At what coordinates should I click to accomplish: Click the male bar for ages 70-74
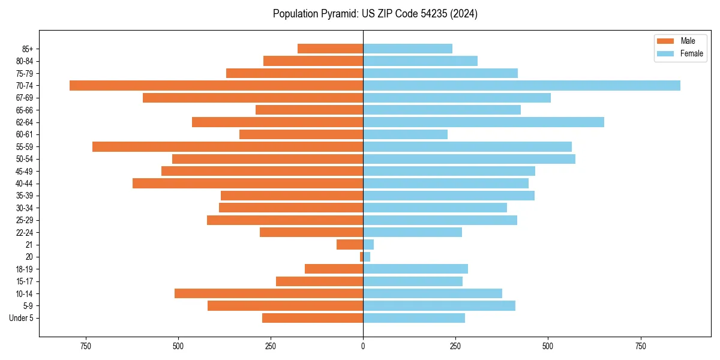click(216, 85)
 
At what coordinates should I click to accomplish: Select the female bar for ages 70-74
click(521, 85)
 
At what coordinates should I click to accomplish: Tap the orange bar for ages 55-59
click(227, 146)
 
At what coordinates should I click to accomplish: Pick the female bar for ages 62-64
click(484, 122)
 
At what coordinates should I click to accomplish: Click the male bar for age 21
click(350, 244)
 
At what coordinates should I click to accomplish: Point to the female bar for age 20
click(367, 257)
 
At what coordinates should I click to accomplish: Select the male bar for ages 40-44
click(248, 183)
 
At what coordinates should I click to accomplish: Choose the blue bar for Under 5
click(414, 318)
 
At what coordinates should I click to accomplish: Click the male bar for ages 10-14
click(269, 293)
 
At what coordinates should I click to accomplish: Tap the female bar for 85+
click(407, 49)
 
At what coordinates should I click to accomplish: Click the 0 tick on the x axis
click(363, 346)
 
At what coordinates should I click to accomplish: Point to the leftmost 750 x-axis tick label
click(86, 346)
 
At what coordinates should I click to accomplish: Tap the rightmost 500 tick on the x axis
click(548, 346)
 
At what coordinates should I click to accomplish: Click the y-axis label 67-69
click(24, 98)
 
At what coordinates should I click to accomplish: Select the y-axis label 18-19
click(24, 269)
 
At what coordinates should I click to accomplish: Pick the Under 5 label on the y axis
click(21, 318)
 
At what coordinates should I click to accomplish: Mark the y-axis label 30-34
click(24, 208)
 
